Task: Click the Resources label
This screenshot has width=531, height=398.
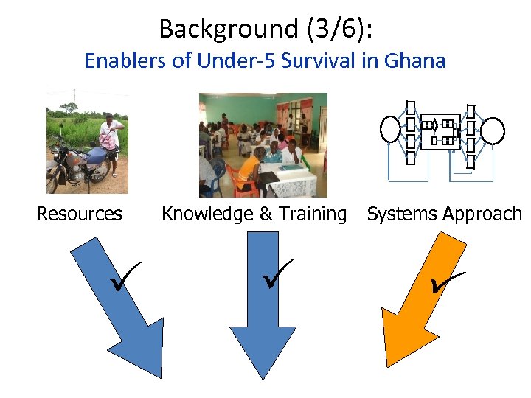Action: pyautogui.click(x=79, y=214)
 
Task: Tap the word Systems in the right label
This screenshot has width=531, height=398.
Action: pyautogui.click(x=398, y=214)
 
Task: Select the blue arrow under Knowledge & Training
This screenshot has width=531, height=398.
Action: pyautogui.click(x=263, y=310)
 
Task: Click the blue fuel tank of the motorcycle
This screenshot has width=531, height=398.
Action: pyautogui.click(x=95, y=156)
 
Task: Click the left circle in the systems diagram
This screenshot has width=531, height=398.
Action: pyautogui.click(x=389, y=130)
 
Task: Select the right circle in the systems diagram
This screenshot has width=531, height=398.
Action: pyautogui.click(x=493, y=131)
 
